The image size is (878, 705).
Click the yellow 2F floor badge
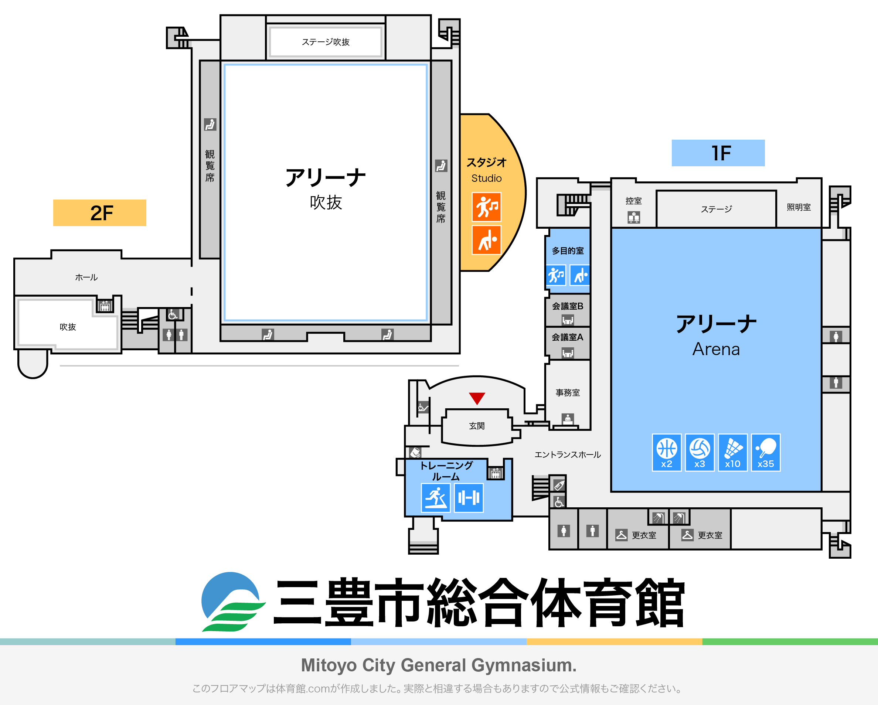(x=99, y=212)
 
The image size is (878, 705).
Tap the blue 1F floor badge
(x=718, y=153)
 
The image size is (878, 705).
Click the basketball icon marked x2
(x=667, y=453)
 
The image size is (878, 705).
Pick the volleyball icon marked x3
(x=700, y=453)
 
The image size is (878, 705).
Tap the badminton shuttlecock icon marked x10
(x=733, y=453)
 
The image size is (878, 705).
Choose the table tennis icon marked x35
(x=766, y=453)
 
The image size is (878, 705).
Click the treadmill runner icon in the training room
(x=435, y=498)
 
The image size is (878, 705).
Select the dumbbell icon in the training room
(x=469, y=498)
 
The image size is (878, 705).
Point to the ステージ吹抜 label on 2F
(x=326, y=42)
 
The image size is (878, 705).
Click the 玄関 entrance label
(x=476, y=426)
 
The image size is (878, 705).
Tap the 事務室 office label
(x=568, y=393)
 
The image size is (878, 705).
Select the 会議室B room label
(x=568, y=306)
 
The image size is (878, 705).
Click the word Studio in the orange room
(x=486, y=178)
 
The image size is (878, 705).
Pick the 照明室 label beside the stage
(x=799, y=207)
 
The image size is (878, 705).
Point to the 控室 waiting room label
(x=634, y=201)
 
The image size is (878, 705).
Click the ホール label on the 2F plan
(x=86, y=277)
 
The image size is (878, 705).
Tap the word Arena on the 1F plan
(x=716, y=349)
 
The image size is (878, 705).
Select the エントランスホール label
(x=568, y=454)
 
